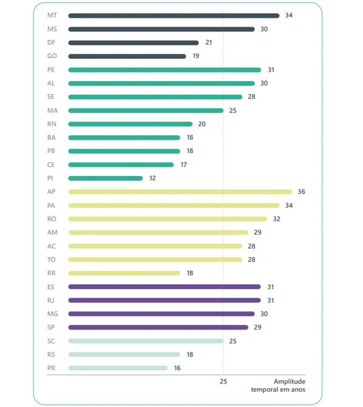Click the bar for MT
[174, 16]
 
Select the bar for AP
[180, 192]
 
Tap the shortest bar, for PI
[105, 178]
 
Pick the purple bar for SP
[158, 327]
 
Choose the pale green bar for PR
[118, 368]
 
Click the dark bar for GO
[127, 56]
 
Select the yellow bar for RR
[124, 273]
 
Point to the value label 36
[301, 192]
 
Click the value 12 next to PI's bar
[152, 178]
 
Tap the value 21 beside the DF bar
[209, 43]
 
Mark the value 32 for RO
[276, 219]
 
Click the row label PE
[51, 70]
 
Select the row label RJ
[51, 301]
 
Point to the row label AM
[51, 232]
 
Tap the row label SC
[51, 341]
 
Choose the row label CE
[51, 164]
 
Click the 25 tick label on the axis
[223, 382]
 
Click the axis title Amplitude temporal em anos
[278, 386]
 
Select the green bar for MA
[146, 111]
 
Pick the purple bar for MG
[161, 314]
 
